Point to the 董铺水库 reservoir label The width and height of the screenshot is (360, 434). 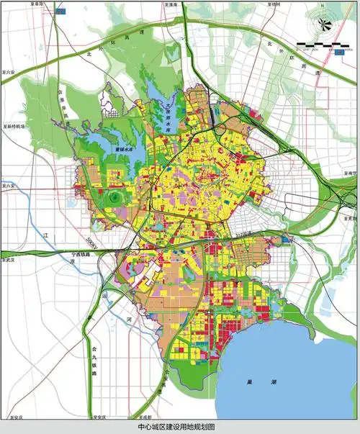[x=125, y=150]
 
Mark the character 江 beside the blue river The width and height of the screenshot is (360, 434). [x=44, y=235]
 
